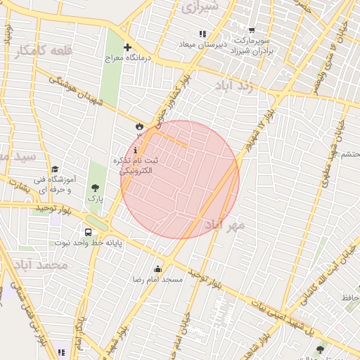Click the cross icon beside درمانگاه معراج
[x=127, y=48]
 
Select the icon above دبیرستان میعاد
[x=202, y=34]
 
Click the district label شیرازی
[x=200, y=8]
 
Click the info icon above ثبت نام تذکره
[x=135, y=150]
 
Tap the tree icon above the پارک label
[x=95, y=187]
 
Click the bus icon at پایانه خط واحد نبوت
[x=89, y=232]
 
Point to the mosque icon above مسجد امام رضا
[x=158, y=269]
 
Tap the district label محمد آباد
[x=40, y=265]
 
